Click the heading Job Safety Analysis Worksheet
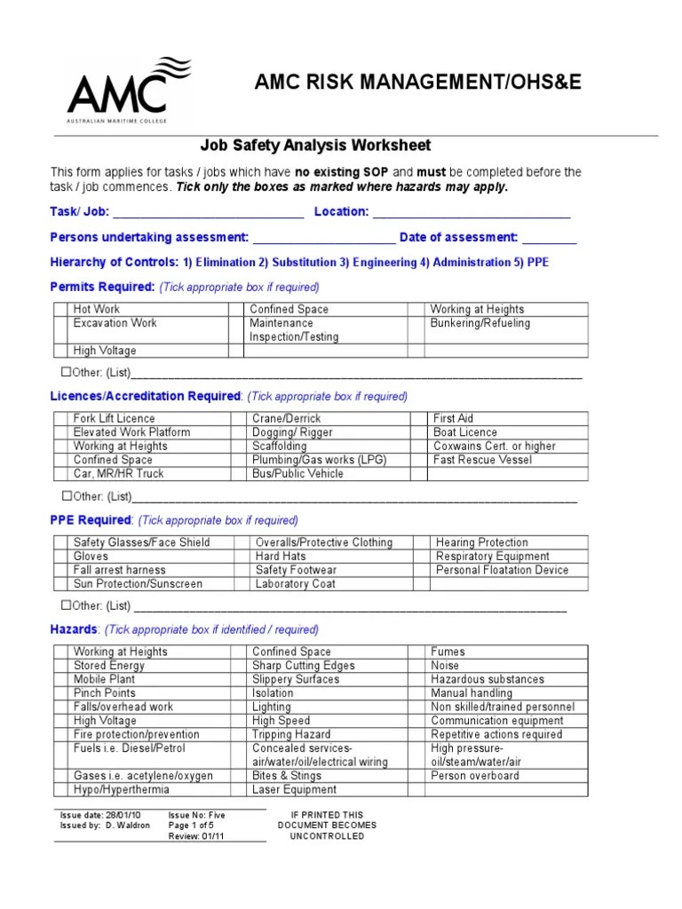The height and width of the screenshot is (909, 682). click(x=315, y=146)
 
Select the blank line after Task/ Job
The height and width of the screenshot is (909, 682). click(x=209, y=213)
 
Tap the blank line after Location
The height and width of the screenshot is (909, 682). click(x=472, y=213)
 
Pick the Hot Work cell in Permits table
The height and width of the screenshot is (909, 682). click(x=97, y=309)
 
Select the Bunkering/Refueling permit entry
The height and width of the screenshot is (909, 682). click(x=480, y=323)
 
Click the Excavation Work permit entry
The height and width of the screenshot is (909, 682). click(x=115, y=323)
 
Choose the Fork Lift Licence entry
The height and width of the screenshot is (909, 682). click(x=114, y=418)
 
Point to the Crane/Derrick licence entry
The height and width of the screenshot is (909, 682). click(x=286, y=418)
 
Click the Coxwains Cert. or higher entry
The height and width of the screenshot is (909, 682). click(x=494, y=446)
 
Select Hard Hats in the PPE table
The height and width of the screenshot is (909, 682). click(x=281, y=557)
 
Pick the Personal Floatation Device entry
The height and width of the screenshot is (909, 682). click(x=503, y=570)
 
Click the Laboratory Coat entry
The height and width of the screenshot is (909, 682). click(x=295, y=584)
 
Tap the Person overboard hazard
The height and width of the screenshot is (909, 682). click(x=475, y=776)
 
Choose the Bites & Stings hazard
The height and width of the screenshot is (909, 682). click(x=287, y=776)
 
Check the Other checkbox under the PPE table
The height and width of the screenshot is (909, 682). click(x=66, y=605)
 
